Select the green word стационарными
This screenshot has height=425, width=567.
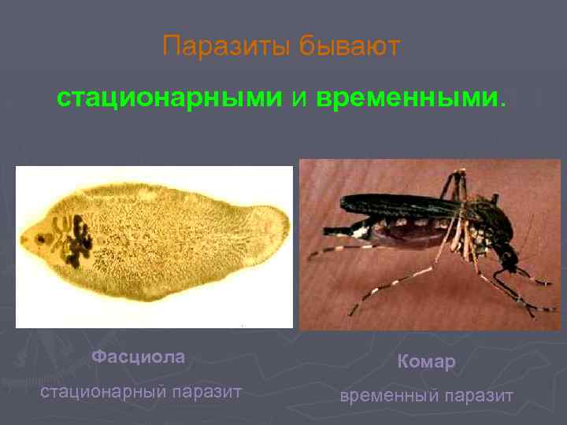(169, 98)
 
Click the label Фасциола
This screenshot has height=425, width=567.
(139, 357)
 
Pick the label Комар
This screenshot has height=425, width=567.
(426, 361)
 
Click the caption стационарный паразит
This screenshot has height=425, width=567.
(141, 392)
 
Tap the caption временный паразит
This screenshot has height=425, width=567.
(426, 395)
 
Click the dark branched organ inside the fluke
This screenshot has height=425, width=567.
(72, 239)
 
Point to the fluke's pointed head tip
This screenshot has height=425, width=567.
(24, 238)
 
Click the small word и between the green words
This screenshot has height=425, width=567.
(299, 98)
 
